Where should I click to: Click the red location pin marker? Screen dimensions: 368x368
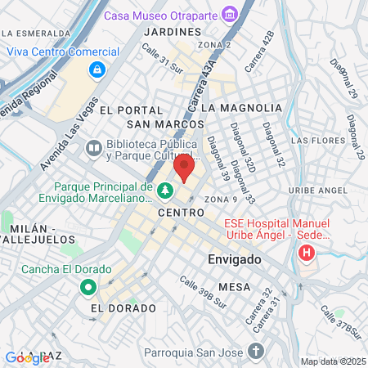(x=184, y=169)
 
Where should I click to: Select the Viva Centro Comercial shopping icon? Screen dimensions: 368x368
(x=97, y=70)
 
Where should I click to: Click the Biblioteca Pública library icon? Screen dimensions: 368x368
(x=96, y=147)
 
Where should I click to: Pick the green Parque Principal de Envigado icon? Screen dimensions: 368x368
(x=165, y=191)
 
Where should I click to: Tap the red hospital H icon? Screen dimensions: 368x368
(x=307, y=251)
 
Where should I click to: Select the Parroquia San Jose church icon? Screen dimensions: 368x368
(x=256, y=352)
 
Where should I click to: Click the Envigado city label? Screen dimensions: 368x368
(x=231, y=259)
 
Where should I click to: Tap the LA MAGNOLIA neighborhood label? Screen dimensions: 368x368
(x=240, y=107)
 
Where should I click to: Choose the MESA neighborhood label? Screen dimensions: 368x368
(x=234, y=287)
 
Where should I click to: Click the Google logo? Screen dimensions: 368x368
(x=26, y=357)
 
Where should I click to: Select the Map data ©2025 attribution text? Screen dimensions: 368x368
(x=331, y=361)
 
